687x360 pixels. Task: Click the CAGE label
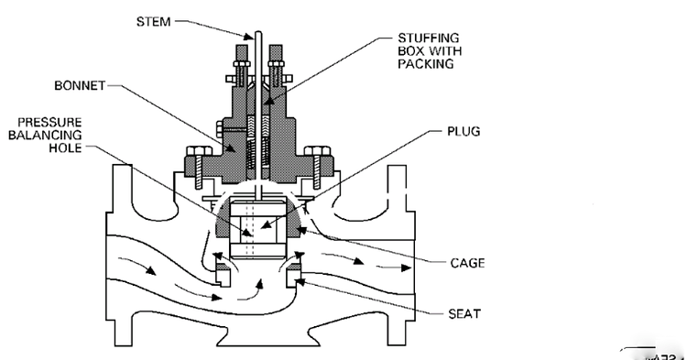pos(467,263)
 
